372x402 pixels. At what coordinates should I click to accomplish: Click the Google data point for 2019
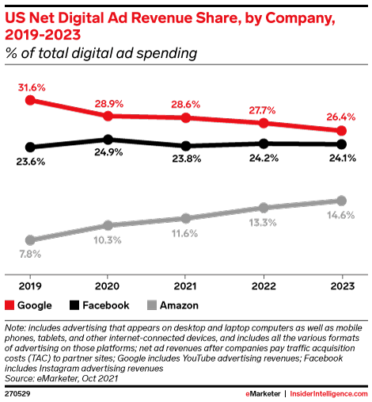tap(30, 100)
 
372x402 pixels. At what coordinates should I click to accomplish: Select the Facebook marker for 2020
tap(108, 140)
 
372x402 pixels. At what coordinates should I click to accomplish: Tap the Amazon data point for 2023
tap(341, 201)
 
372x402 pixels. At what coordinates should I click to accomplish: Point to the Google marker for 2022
tap(264, 123)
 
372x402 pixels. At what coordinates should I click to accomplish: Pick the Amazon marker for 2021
tap(185, 218)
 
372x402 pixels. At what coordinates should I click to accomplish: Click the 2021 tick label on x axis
tap(185, 285)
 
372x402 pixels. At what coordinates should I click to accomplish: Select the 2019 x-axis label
tap(30, 285)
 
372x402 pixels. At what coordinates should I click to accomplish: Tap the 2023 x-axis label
tap(341, 285)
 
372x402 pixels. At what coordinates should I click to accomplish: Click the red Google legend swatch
tap(10, 304)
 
